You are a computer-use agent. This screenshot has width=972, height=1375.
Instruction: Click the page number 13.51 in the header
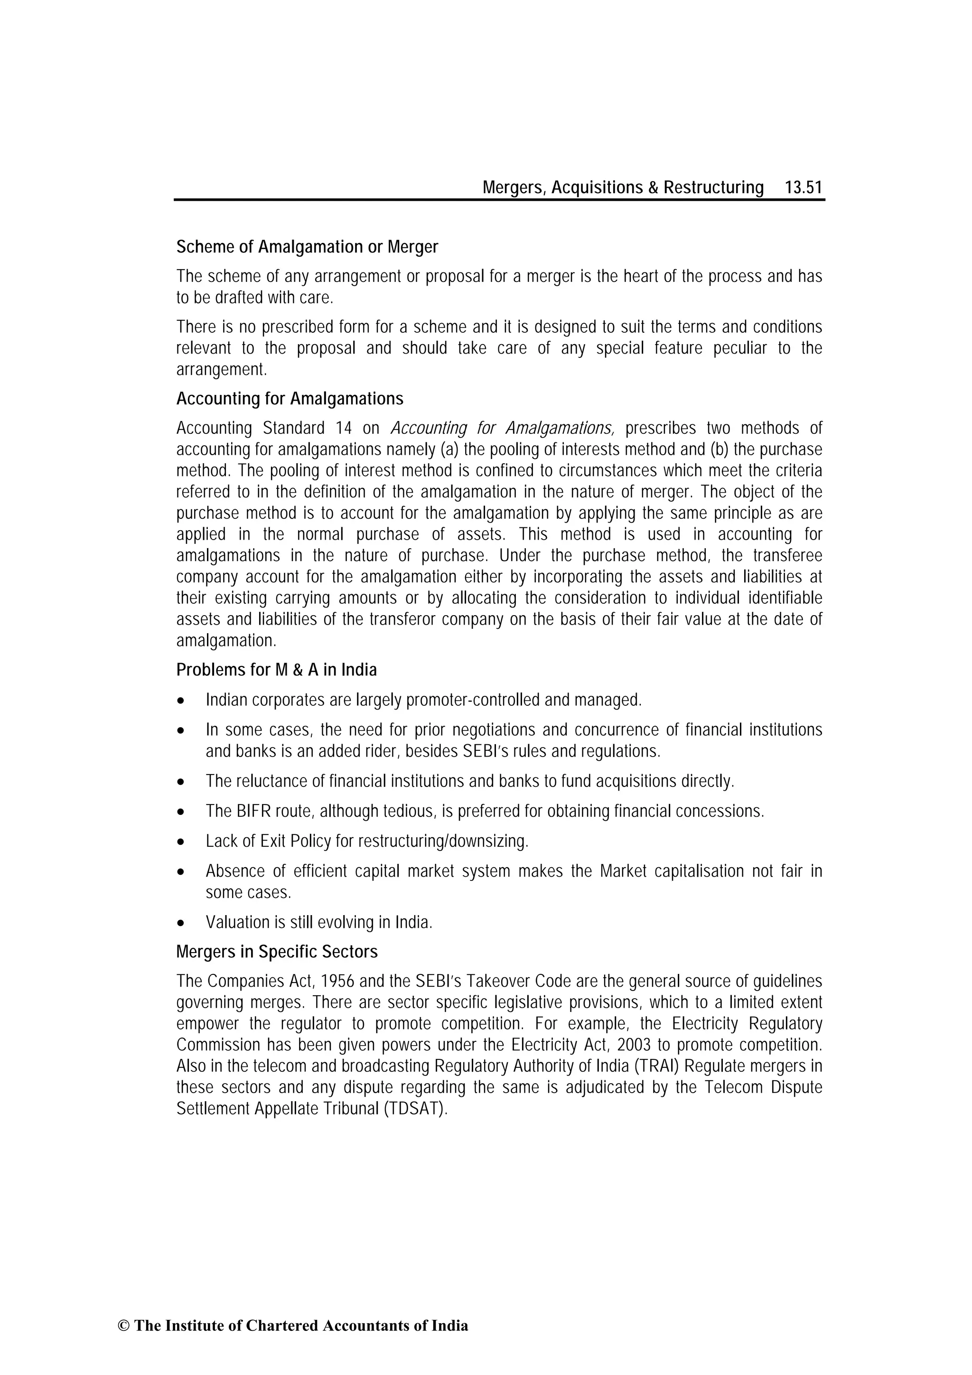point(803,188)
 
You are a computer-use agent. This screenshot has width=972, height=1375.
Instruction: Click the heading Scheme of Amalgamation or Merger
point(307,247)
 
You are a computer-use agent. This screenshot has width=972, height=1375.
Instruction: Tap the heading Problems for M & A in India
point(276,670)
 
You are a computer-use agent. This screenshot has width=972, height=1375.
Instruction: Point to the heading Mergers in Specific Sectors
point(277,952)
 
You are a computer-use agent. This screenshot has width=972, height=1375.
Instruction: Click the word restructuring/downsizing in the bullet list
point(443,842)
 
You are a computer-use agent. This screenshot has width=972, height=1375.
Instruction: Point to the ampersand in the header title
point(653,188)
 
